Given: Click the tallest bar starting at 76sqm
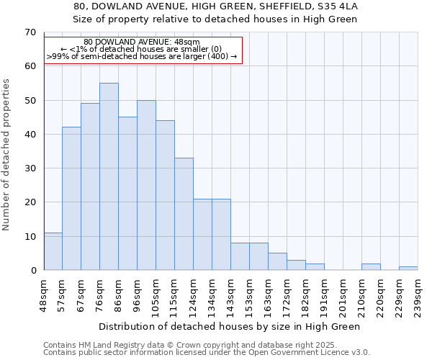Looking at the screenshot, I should click(x=109, y=176).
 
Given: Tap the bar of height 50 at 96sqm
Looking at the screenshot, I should click(x=146, y=185).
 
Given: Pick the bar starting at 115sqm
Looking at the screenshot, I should click(x=184, y=214).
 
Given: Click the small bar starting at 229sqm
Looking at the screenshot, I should click(x=408, y=269).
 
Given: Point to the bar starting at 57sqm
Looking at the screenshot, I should click(x=71, y=199).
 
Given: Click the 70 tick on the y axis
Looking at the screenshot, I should click(x=30, y=32).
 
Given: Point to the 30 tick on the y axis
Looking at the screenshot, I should click(x=30, y=168).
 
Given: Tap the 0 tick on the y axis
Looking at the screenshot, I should click(x=32, y=271).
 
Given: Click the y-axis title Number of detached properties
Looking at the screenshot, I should click(x=6, y=155).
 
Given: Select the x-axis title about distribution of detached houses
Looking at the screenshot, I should click(x=229, y=326).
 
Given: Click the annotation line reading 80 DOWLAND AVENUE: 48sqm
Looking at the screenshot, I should click(x=142, y=42).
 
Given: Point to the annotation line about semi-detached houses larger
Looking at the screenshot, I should click(x=142, y=55).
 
